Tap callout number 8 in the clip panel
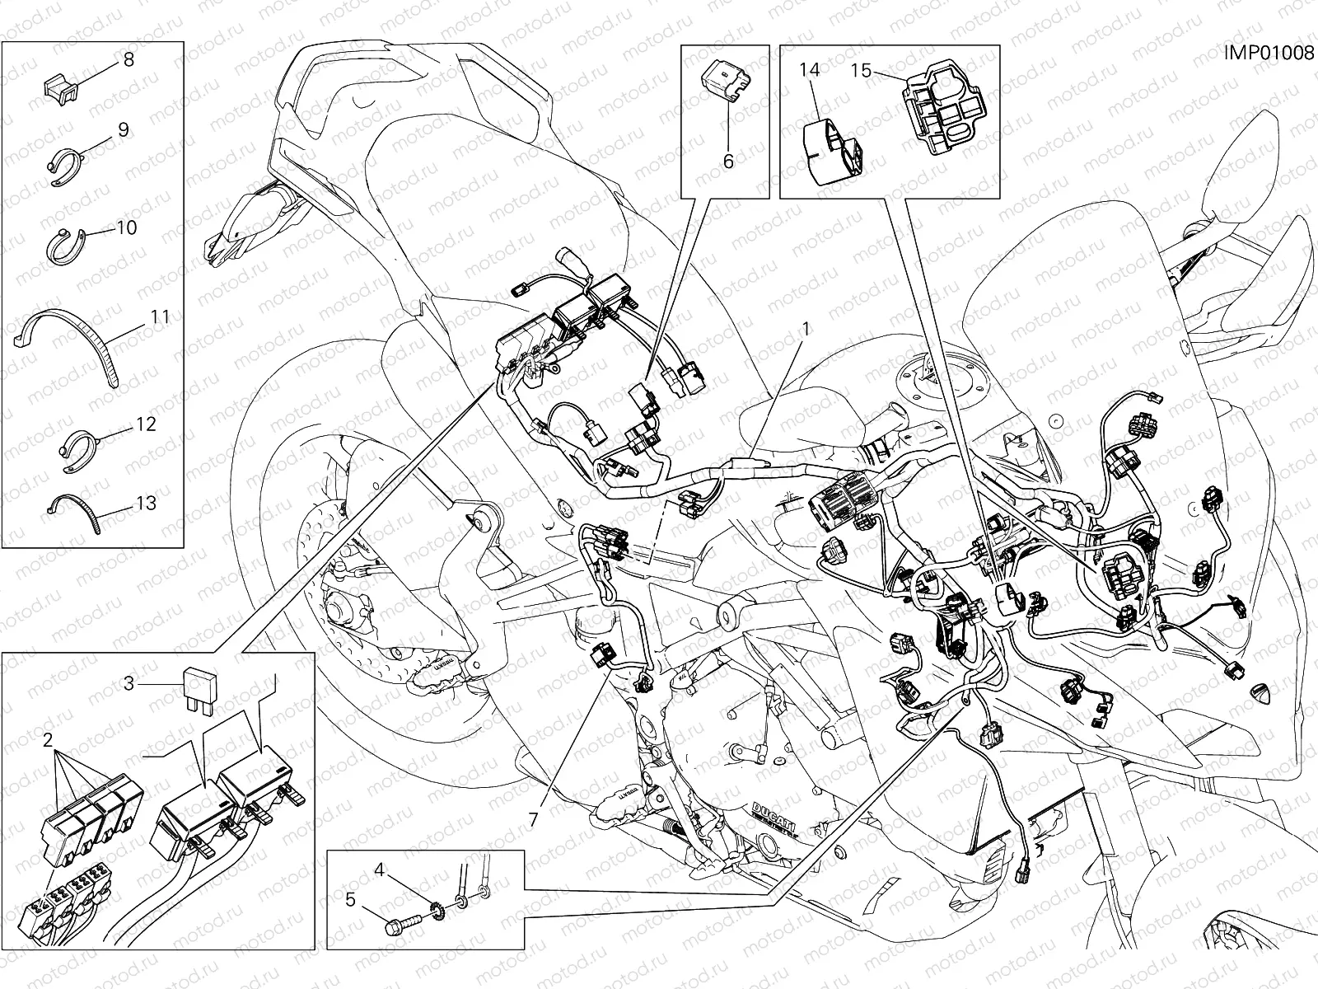(128, 59)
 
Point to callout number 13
(145, 502)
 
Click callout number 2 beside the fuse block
(48, 738)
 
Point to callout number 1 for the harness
(806, 328)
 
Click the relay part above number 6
(725, 87)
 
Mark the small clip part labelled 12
(77, 449)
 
